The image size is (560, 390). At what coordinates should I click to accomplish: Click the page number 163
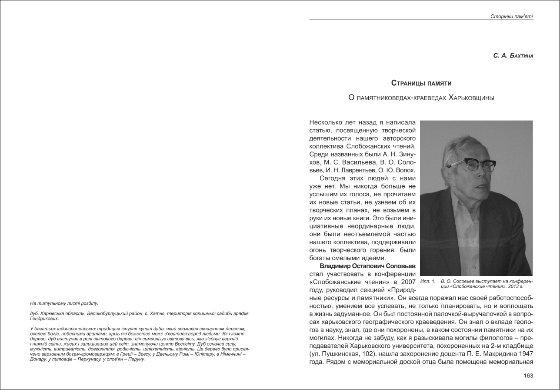pos(528,376)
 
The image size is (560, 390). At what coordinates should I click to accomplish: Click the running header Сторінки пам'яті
pos(511,17)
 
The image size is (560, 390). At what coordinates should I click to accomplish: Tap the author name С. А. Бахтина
pos(513,56)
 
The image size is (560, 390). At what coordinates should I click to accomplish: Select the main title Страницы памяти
pos(421,83)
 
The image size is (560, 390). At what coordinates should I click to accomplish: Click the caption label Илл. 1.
pos(428,281)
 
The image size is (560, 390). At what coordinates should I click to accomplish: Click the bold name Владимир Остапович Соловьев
pos(367,266)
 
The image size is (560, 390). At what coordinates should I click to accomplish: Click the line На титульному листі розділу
pos(64,303)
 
